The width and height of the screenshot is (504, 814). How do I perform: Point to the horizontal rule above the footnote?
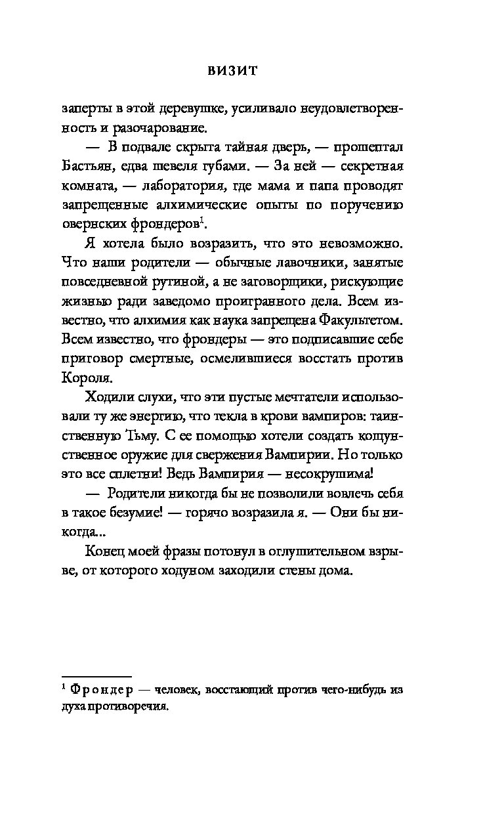[x=96, y=657]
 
